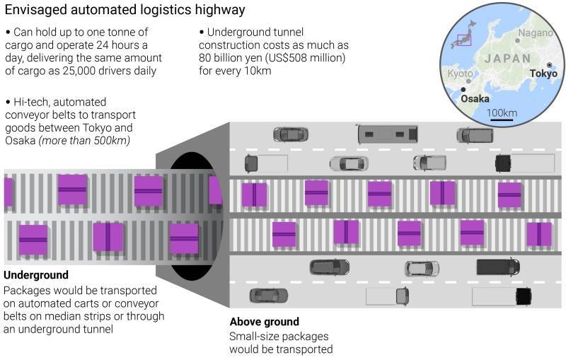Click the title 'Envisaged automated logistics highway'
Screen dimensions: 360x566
coord(125,10)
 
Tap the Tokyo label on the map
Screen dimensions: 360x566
coord(543,74)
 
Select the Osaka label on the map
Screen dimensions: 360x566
coord(475,99)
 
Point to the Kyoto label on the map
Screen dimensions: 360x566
coord(460,74)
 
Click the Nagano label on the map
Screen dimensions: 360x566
coord(536,33)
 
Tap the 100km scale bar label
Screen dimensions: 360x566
coord(502,113)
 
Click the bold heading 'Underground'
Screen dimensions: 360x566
coord(36,275)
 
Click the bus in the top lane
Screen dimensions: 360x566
coord(387,133)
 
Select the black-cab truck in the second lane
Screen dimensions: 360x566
coord(524,163)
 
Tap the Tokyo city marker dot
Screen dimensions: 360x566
coord(549,65)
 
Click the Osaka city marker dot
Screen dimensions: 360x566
coord(463,90)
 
